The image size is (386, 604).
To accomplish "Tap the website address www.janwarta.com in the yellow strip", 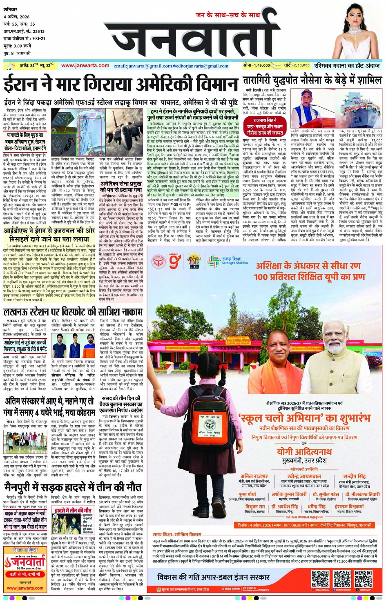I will (85, 66).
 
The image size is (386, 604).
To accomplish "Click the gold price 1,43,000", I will (257, 65).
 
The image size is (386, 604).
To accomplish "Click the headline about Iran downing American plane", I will (120, 84).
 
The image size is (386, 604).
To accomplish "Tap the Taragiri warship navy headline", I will (312, 80).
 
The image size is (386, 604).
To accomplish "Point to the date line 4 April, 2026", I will (16, 17).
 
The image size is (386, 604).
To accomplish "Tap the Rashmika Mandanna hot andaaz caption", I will (347, 65).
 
